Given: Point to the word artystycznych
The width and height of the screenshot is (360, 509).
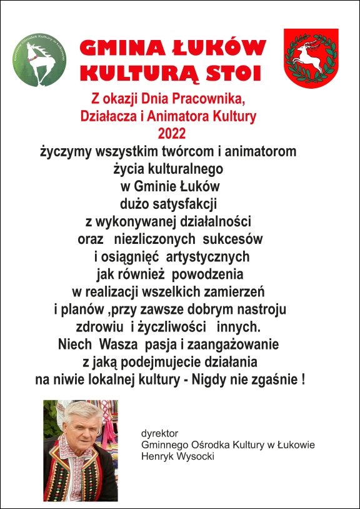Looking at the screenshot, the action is [211, 257].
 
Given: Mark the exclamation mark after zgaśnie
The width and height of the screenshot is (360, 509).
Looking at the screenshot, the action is [303, 379].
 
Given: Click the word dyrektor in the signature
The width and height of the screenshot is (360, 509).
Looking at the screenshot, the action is [161, 433].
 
